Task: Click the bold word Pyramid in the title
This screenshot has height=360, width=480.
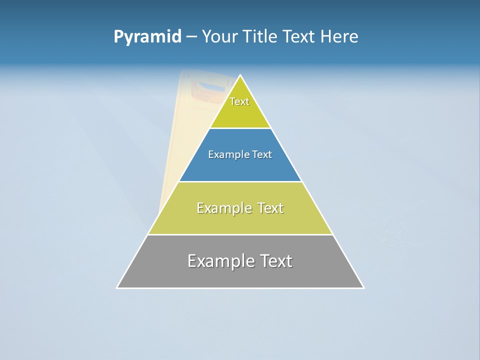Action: click(x=147, y=37)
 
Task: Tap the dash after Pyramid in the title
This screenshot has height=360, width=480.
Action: click(x=191, y=37)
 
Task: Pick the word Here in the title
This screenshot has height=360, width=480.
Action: click(x=339, y=37)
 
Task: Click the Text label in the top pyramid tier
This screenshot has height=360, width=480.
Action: click(x=239, y=101)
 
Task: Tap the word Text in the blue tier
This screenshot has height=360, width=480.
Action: click(x=262, y=155)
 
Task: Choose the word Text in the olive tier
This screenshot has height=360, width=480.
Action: click(x=270, y=208)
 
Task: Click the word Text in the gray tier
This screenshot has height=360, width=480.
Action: click(x=275, y=261)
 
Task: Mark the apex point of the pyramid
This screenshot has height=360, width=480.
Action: click(x=240, y=75)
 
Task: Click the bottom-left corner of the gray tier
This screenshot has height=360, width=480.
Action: click(x=117, y=287)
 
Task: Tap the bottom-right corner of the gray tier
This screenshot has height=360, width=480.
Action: click(x=363, y=287)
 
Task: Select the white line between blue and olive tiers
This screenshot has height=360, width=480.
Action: click(x=240, y=181)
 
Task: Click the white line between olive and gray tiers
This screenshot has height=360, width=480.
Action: click(x=240, y=234)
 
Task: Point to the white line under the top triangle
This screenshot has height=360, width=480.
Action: click(x=240, y=128)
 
